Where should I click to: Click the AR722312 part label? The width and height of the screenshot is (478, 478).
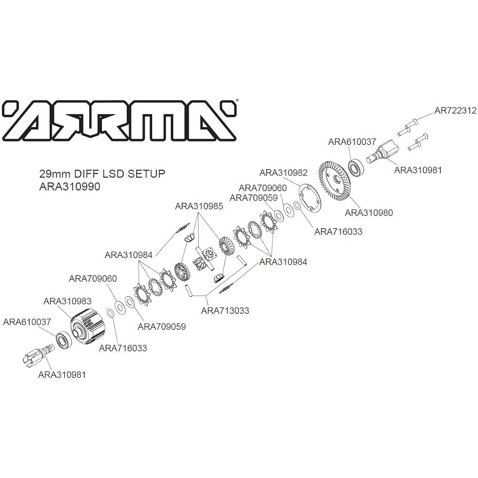pyautogui.click(x=456, y=110)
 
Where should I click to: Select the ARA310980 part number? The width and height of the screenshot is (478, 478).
pyautogui.click(x=369, y=213)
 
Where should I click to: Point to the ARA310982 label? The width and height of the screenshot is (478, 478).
pyautogui.click(x=284, y=172)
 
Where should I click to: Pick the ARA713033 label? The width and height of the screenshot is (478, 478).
pyautogui.click(x=225, y=311)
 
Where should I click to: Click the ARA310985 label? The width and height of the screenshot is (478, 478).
pyautogui.click(x=199, y=206)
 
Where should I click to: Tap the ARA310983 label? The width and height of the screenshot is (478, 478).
pyautogui.click(x=67, y=301)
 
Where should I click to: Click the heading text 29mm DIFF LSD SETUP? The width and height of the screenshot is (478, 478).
pyautogui.click(x=102, y=174)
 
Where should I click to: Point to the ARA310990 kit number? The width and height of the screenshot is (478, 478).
pyautogui.click(x=70, y=186)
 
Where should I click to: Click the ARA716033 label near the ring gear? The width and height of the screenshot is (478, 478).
pyautogui.click(x=338, y=232)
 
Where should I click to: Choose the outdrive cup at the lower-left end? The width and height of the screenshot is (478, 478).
pyautogui.click(x=39, y=354)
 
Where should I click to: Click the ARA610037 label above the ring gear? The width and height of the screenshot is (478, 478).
pyautogui.click(x=352, y=142)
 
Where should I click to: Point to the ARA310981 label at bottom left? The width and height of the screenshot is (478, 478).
pyautogui.click(x=62, y=374)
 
